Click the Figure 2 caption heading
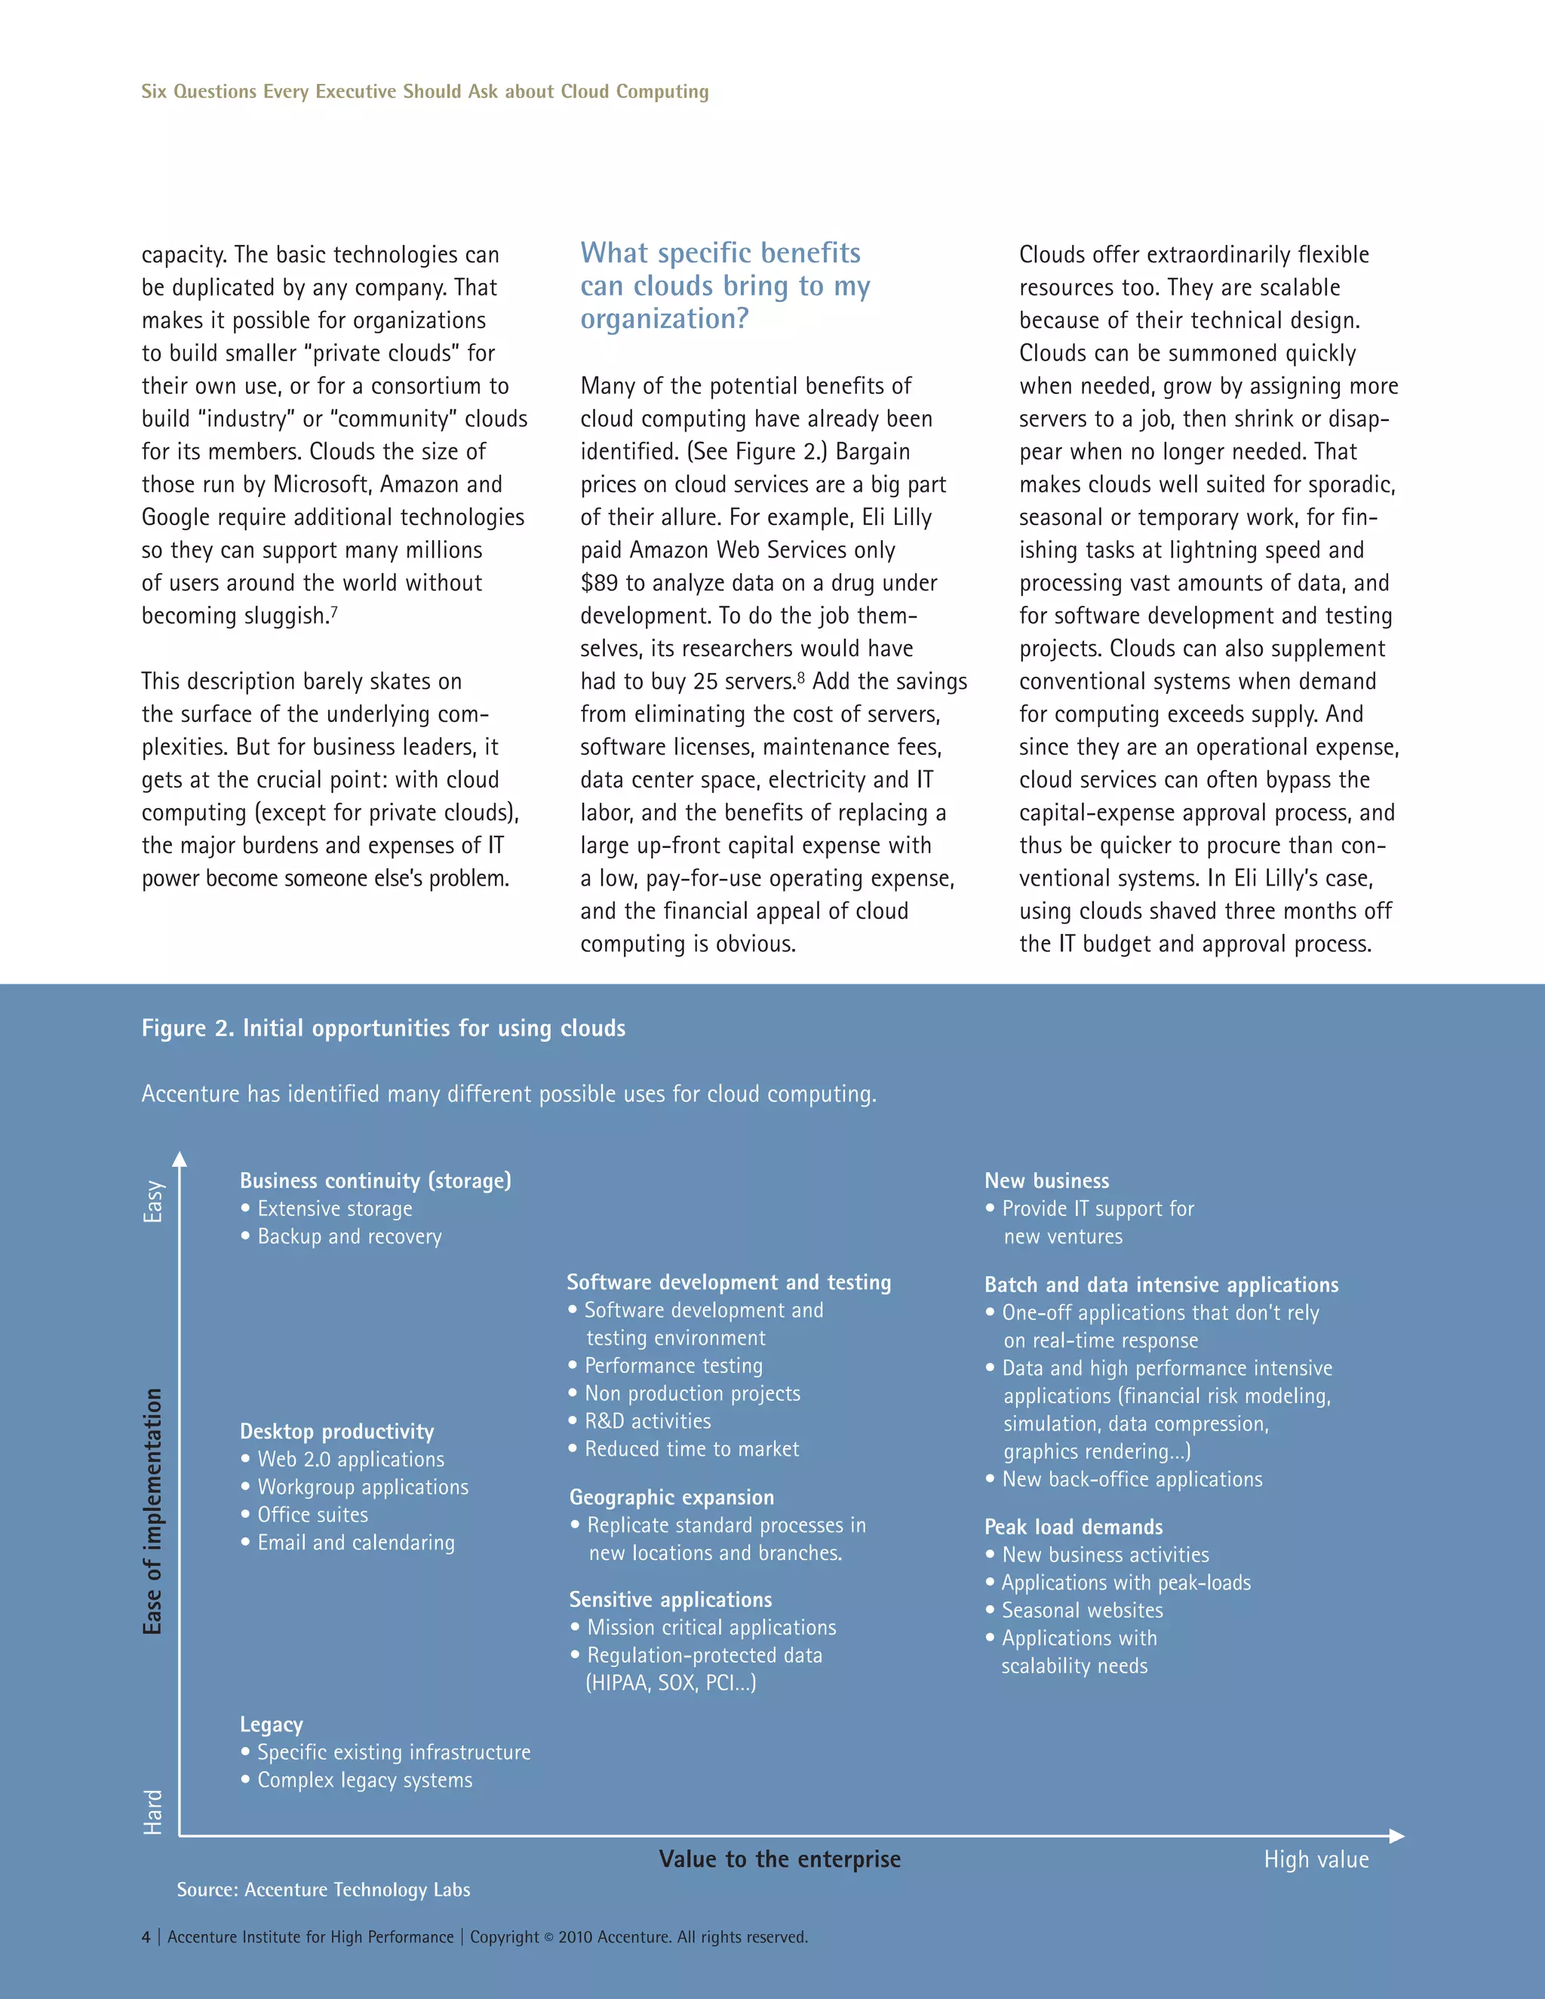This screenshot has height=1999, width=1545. click(382, 1028)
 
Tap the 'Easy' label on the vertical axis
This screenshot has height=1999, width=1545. click(153, 1201)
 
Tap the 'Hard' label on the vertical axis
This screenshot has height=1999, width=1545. click(153, 1812)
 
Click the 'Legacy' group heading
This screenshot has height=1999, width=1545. click(271, 1724)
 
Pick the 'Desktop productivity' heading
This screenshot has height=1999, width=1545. click(336, 1432)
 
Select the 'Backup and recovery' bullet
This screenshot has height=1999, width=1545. click(349, 1236)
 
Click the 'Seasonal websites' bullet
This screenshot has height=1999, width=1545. click(1082, 1610)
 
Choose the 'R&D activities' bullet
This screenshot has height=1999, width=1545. click(647, 1421)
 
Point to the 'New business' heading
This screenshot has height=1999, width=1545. click(1046, 1181)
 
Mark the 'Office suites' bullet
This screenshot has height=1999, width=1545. click(312, 1515)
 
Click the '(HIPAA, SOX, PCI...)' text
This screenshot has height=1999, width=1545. click(671, 1682)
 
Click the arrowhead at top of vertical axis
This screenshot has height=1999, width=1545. click(180, 1159)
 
